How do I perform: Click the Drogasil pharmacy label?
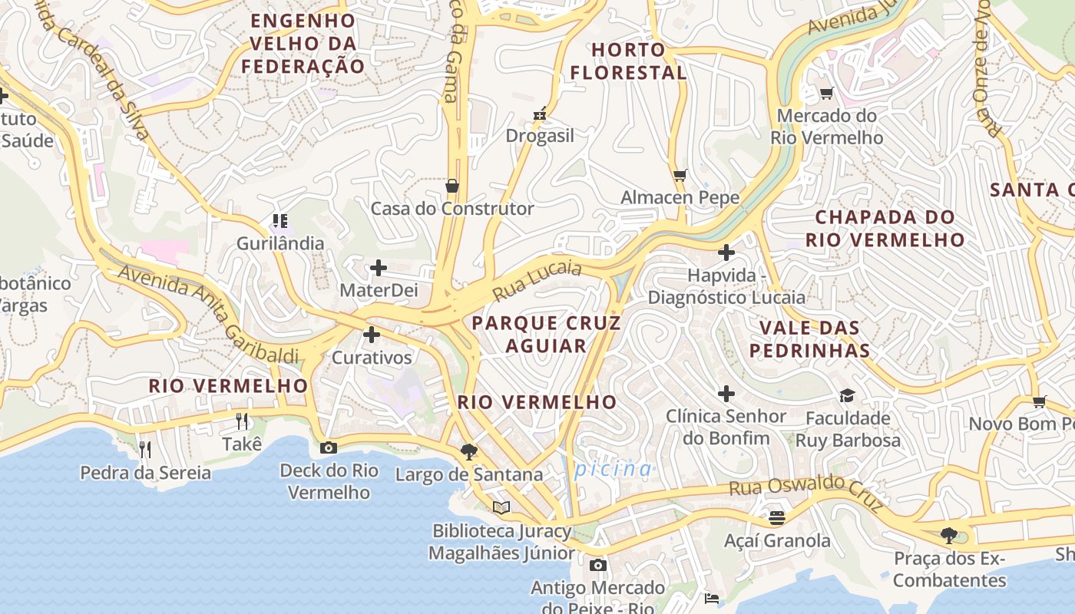tap(539, 136)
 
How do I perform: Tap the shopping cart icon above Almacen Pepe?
tap(680, 176)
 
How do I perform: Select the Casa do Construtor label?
tap(451, 209)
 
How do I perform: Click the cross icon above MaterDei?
tap(379, 268)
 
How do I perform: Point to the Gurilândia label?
tap(279, 243)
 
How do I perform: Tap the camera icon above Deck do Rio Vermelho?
tap(328, 447)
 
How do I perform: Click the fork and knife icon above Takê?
tap(242, 421)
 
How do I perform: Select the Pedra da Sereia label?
tap(145, 473)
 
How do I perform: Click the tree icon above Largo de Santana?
tap(468, 452)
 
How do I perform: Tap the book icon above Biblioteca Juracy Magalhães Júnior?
tap(501, 507)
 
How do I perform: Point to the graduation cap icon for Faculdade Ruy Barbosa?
tap(847, 395)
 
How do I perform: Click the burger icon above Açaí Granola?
tap(777, 518)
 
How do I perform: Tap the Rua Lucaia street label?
tap(537, 281)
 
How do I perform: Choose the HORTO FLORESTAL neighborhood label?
tap(640, 61)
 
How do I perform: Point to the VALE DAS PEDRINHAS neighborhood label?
tap(809, 339)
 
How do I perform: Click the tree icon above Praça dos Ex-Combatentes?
tap(949, 535)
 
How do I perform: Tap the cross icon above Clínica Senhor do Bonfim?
tap(726, 394)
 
